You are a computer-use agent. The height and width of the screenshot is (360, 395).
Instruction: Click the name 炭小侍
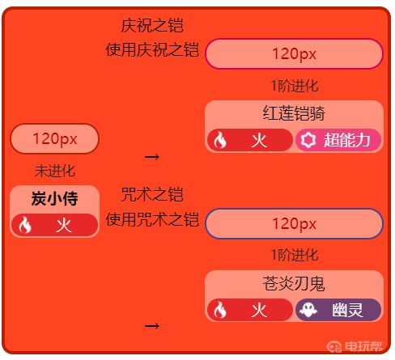(x=55, y=199)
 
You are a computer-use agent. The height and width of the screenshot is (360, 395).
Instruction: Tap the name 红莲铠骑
(x=294, y=113)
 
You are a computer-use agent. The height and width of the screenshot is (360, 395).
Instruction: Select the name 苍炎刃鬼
(x=294, y=283)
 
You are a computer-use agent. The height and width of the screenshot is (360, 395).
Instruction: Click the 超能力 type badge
(x=338, y=140)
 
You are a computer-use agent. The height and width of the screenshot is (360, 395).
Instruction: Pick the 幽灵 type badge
(x=338, y=310)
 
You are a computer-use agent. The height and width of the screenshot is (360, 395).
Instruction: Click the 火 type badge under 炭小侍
(x=54, y=225)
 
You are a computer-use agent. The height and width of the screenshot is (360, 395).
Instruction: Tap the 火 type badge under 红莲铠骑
(x=250, y=140)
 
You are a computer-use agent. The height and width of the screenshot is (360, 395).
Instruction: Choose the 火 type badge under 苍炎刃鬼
(x=250, y=310)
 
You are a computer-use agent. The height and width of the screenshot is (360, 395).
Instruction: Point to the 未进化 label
(x=55, y=171)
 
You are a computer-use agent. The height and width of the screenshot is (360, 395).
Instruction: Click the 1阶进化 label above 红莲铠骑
(x=295, y=86)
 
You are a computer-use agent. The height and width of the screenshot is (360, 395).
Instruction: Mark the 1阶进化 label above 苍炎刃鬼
(x=295, y=255)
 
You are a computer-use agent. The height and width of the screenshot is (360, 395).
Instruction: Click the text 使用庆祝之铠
(x=152, y=49)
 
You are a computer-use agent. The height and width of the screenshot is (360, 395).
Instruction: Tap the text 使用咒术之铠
(x=152, y=219)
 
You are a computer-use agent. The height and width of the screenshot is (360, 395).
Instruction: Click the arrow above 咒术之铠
(x=152, y=157)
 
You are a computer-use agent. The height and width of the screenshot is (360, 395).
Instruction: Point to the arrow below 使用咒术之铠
(x=152, y=326)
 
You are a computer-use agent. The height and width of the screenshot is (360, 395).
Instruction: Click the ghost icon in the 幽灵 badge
(x=308, y=310)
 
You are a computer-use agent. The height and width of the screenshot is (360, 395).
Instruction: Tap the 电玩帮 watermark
(x=355, y=346)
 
